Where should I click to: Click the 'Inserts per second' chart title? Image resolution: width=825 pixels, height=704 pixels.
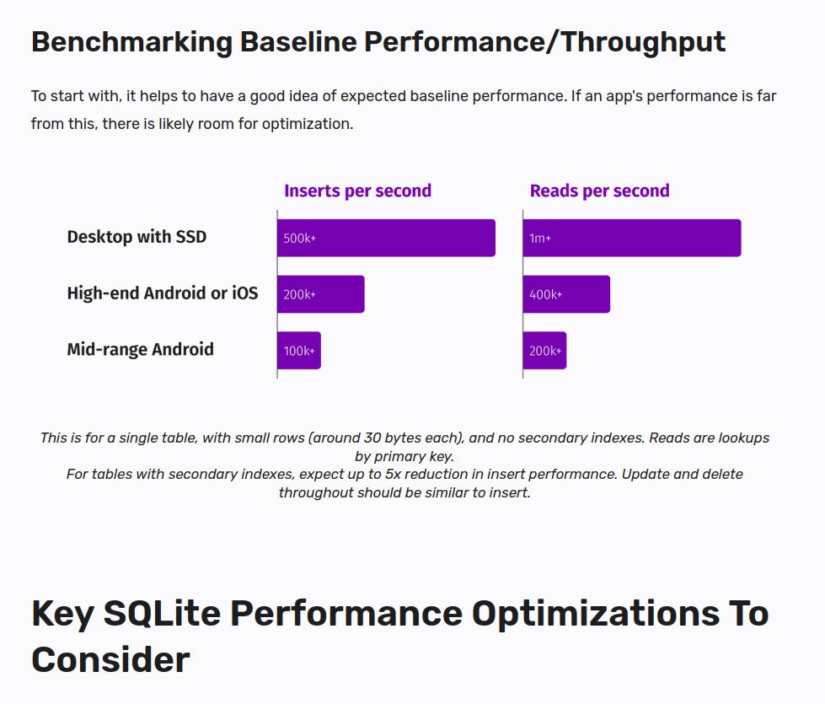357,191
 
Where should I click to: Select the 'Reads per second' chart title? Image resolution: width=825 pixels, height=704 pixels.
599,191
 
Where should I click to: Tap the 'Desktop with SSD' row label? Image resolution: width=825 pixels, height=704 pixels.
137,237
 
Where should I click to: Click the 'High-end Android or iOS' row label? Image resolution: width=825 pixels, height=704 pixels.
163,293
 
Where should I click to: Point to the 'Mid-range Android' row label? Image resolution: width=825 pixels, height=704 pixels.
140,349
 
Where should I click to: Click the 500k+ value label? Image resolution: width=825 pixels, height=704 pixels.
299,239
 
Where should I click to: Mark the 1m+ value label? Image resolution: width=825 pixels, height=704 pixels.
540,239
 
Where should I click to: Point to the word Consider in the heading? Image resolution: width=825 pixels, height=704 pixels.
110,659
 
